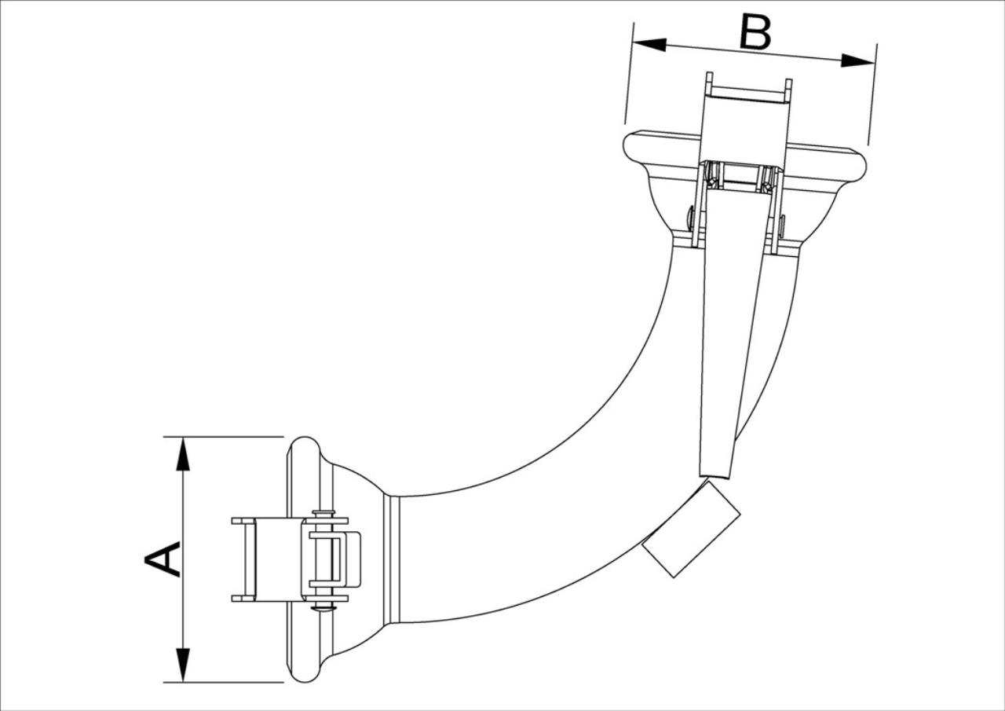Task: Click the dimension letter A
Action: point(163,559)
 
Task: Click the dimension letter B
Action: point(755,31)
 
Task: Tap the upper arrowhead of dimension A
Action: point(183,454)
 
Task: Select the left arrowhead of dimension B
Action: point(649,44)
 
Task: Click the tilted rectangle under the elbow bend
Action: point(691,530)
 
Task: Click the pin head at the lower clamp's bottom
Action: point(324,608)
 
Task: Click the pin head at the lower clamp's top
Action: point(324,512)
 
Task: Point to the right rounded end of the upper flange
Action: point(858,165)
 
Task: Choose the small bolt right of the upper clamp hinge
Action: point(783,226)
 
